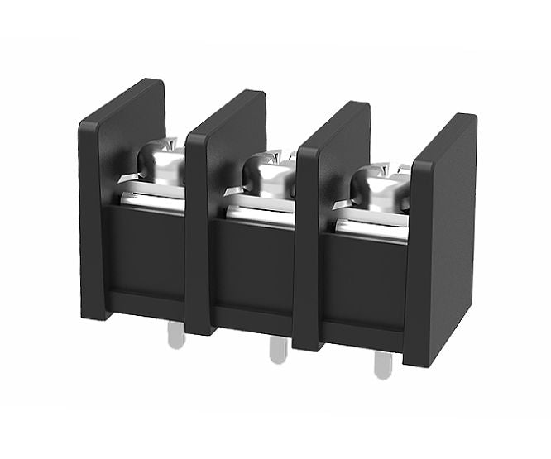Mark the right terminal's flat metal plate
click(x=371, y=228)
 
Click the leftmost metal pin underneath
click(x=175, y=335)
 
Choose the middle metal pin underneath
click(x=278, y=351)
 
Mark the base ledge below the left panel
click(x=146, y=305)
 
